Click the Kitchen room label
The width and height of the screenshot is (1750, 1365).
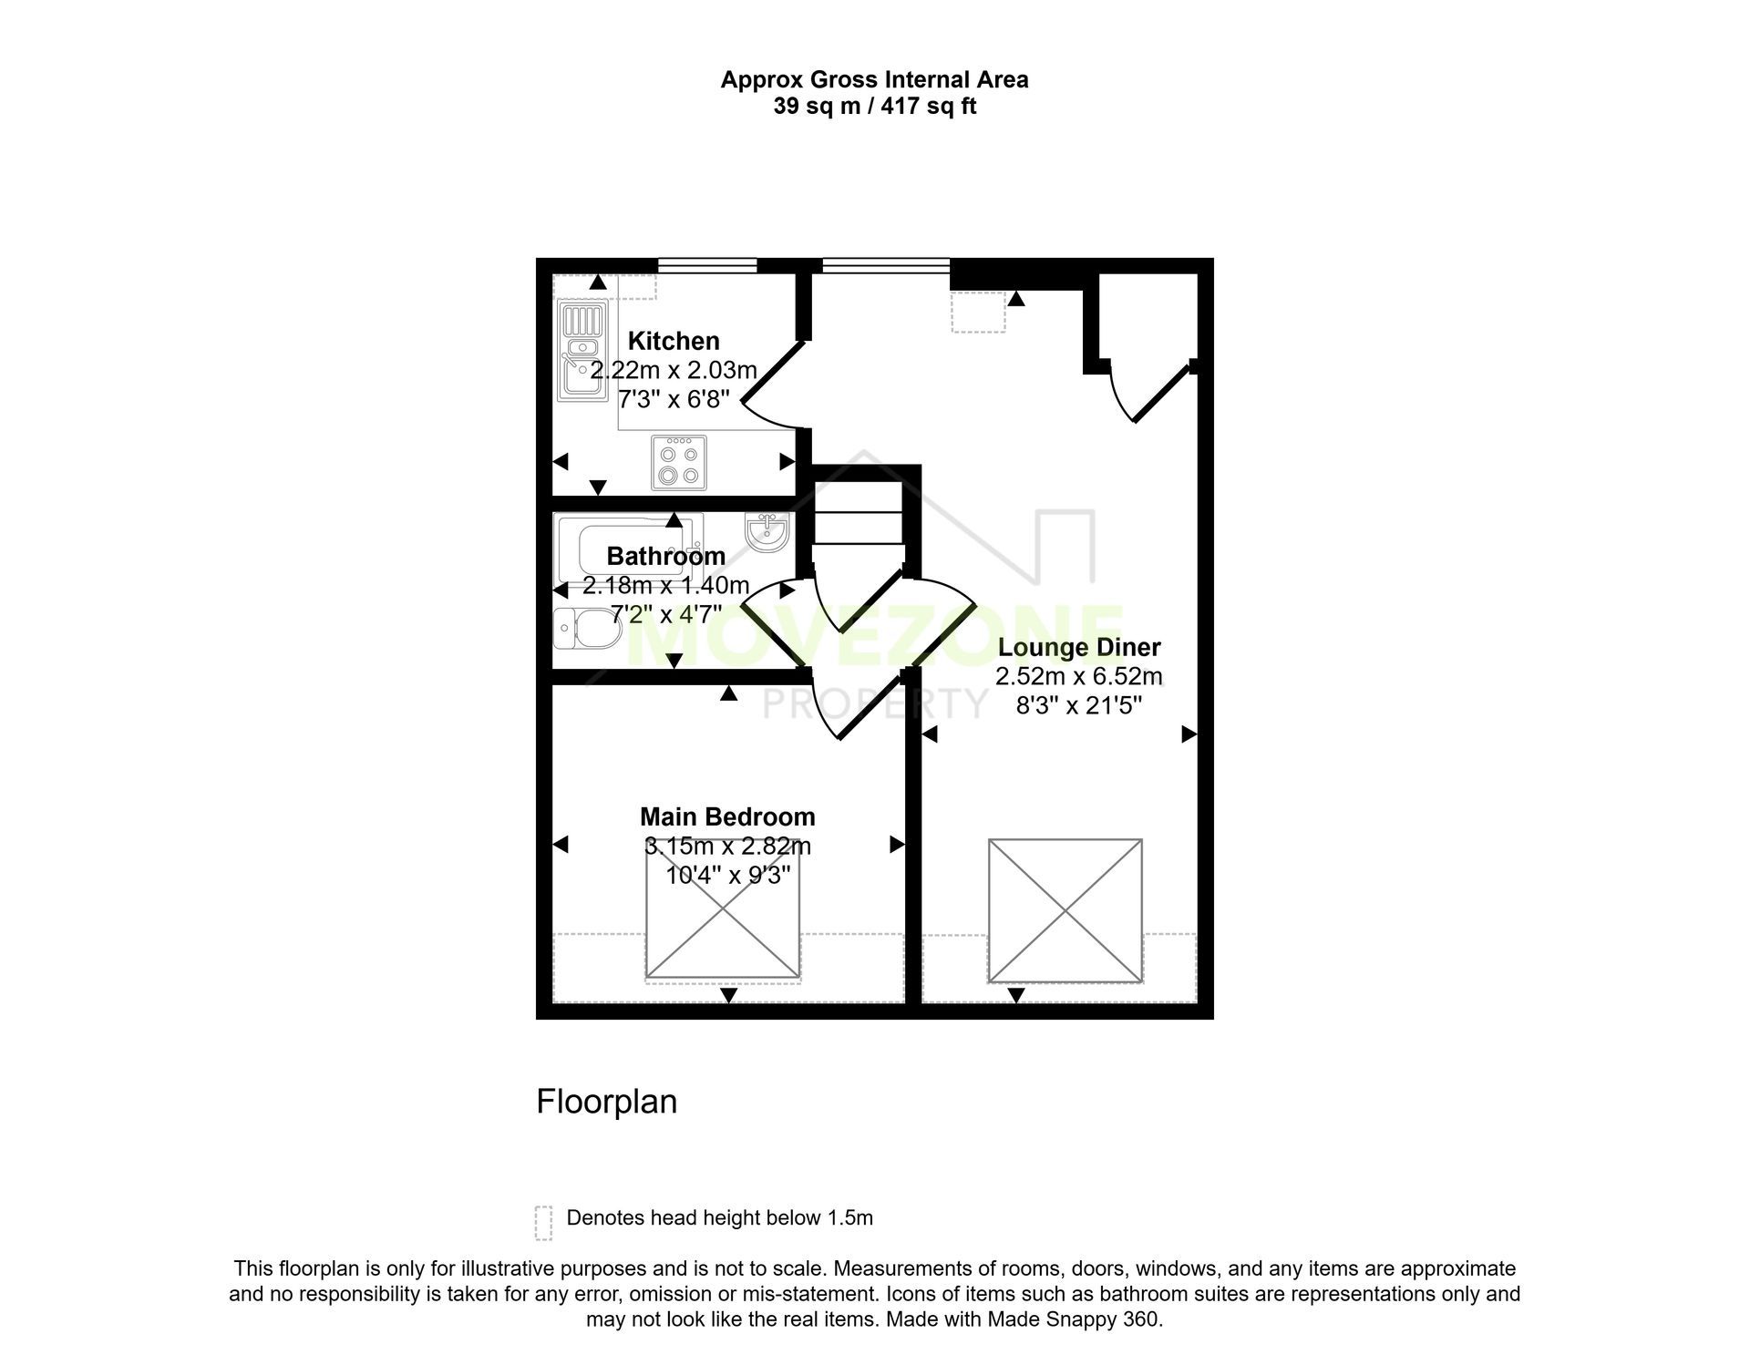674,341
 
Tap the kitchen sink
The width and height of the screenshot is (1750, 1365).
582,352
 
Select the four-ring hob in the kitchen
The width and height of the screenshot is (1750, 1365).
679,462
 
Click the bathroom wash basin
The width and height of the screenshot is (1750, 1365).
767,532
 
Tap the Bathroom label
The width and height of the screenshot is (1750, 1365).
666,556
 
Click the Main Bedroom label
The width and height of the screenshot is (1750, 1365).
727,816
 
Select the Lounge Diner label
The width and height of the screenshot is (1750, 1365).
1079,648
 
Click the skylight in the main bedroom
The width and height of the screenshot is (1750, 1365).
723,909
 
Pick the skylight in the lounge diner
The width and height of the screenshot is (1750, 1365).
1065,911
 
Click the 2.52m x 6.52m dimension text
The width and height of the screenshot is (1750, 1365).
1079,677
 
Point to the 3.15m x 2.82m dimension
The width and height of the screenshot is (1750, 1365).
727,847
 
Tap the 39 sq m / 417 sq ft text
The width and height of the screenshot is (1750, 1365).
875,107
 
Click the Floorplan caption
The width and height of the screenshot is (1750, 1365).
607,1102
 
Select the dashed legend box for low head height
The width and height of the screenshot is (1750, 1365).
543,1223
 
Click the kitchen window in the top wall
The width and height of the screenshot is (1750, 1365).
708,265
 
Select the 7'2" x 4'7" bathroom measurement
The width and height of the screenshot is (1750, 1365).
666,614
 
